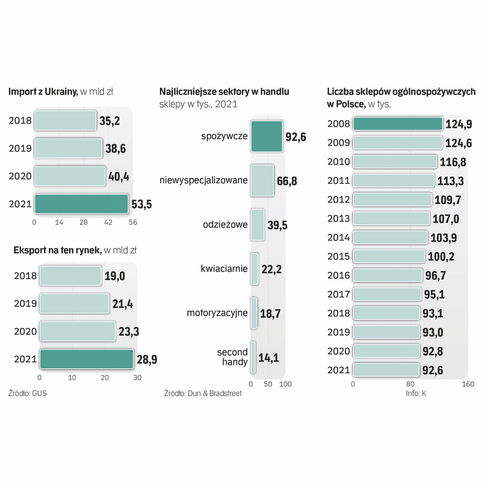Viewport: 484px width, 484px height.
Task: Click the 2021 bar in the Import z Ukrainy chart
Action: (81, 204)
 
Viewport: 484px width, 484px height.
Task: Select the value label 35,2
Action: (110, 121)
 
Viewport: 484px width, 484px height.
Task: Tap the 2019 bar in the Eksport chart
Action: (74, 303)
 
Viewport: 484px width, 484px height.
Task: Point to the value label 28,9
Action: (147, 359)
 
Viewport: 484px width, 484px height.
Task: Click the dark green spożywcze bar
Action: (267, 136)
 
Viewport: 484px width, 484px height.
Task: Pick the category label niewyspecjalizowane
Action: (203, 181)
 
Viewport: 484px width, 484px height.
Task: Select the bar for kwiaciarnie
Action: (255, 269)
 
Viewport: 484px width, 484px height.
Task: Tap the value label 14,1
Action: (269, 358)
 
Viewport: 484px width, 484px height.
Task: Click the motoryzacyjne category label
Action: (217, 313)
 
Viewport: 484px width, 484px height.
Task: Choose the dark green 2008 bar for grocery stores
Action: (398, 124)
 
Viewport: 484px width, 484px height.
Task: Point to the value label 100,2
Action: (442, 257)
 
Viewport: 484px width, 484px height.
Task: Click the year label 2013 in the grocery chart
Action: (339, 219)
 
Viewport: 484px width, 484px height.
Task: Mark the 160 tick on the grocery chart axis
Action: (468, 384)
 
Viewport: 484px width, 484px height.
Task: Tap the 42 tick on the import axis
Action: (108, 222)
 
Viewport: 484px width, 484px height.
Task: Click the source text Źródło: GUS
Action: (27, 393)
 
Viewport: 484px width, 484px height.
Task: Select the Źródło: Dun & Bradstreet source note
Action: (203, 393)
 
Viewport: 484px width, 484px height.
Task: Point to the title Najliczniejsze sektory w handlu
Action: (224, 92)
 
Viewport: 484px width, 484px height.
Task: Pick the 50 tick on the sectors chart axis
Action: (268, 384)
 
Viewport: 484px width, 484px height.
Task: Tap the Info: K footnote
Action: (416, 393)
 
